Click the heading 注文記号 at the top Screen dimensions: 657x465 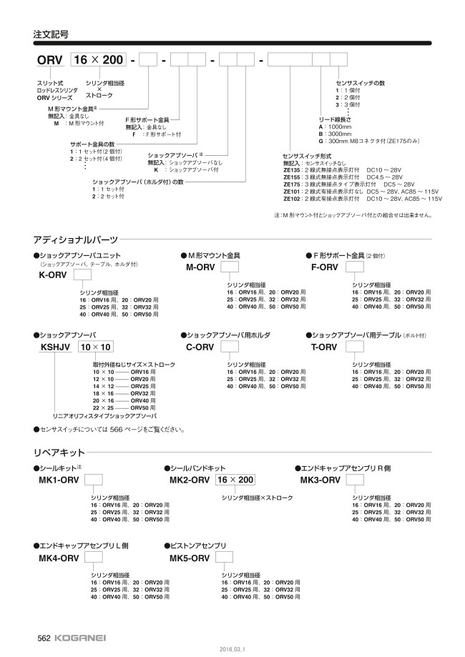coord(51,34)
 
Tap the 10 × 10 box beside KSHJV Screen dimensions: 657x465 coord(95,347)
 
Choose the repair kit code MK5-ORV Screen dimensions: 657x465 coord(189,558)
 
